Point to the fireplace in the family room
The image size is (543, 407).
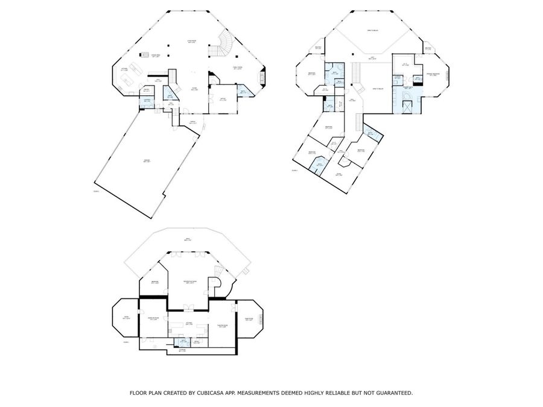(x=262, y=77)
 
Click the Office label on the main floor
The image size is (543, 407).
(x=223, y=99)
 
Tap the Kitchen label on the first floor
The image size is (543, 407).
(x=124, y=70)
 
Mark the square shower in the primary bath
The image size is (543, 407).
(x=408, y=107)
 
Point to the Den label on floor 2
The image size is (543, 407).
(x=338, y=174)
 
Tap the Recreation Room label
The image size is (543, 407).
(x=189, y=282)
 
